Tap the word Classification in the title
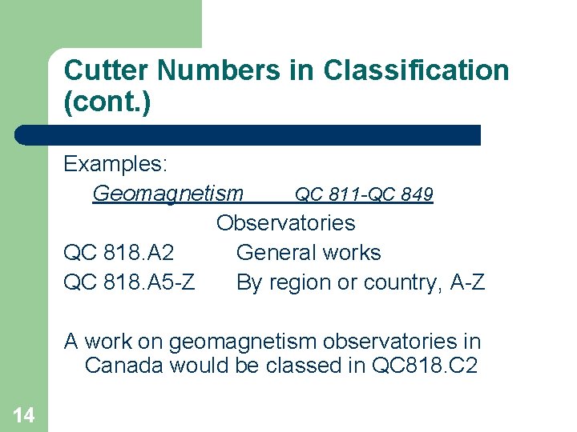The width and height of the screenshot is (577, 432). (416, 70)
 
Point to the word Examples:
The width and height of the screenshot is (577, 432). (115, 164)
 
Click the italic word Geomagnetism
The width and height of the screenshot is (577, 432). (167, 194)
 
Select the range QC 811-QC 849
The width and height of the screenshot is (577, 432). (364, 194)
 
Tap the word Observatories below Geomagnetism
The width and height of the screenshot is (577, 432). (286, 222)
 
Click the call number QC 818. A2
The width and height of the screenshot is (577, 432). (119, 253)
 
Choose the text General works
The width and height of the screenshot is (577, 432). (309, 253)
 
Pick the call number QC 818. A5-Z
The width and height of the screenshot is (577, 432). (128, 282)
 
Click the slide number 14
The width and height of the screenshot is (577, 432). (23, 414)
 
